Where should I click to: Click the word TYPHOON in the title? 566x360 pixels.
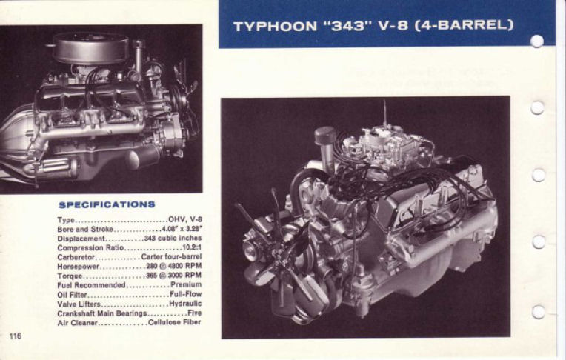(273, 27)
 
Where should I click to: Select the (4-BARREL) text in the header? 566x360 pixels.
(464, 27)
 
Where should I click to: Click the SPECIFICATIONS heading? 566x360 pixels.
(107, 204)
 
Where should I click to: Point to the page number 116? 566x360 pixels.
(16, 336)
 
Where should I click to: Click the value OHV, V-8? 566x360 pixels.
(184, 220)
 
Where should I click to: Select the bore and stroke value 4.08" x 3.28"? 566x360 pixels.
(182, 229)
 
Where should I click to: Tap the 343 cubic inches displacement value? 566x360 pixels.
(173, 239)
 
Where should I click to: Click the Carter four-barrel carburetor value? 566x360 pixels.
(172, 257)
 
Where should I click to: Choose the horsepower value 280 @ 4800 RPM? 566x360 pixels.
(174, 266)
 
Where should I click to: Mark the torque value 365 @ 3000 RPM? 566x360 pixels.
(174, 276)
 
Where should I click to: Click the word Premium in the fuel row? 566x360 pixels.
(186, 284)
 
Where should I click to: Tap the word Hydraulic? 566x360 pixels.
(185, 304)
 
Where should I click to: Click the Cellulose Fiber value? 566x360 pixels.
(175, 322)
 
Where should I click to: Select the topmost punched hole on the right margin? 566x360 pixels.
(537, 41)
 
